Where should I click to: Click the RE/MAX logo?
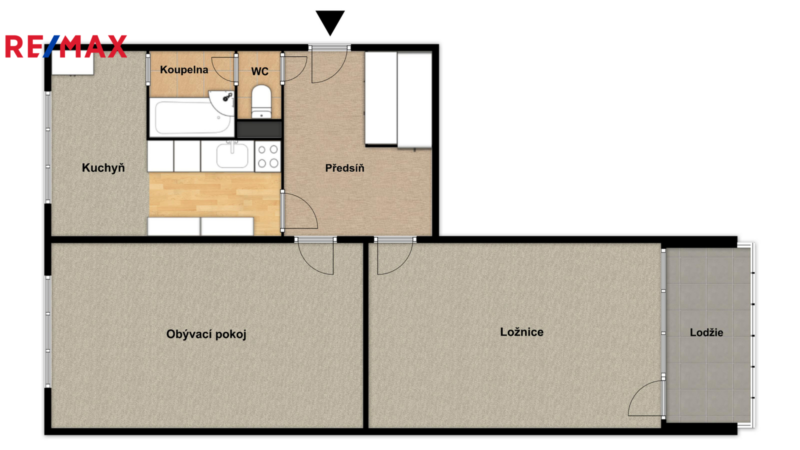coord(66,46)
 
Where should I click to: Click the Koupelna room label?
coord(184,70)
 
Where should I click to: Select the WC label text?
coord(259,71)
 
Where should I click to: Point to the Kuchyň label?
coord(103,168)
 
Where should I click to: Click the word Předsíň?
coord(344,168)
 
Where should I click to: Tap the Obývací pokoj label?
coord(206,334)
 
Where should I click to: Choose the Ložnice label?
coord(522,332)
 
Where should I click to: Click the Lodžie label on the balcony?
coord(706,332)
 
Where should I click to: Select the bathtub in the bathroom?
coord(191,117)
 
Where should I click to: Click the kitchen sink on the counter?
coord(232,155)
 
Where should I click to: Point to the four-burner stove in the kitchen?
coord(268,156)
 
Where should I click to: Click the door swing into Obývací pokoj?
coord(315,255)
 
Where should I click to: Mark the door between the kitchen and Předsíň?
coord(299,210)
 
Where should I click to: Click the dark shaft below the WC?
coord(259,129)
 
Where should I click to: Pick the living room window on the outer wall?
coord(48,331)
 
